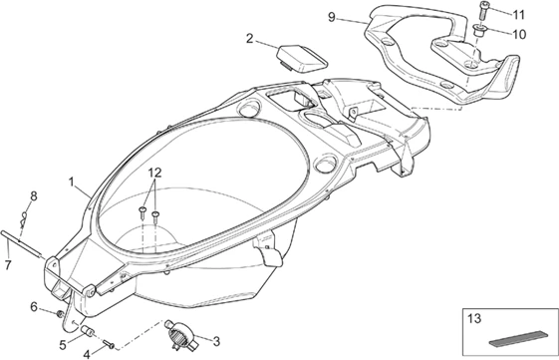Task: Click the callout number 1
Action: [x=72, y=181]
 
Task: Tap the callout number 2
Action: [x=249, y=39]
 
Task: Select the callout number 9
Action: [x=332, y=17]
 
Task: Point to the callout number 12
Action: [x=155, y=173]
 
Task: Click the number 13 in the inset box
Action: [x=474, y=318]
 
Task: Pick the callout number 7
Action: [x=8, y=264]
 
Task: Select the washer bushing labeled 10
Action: [x=478, y=29]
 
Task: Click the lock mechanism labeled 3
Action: [x=180, y=334]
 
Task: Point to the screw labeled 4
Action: [x=109, y=344]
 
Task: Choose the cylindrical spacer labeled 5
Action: [x=88, y=331]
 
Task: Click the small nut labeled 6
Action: [x=60, y=314]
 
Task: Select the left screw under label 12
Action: [x=142, y=212]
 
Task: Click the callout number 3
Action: [x=216, y=341]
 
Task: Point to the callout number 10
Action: [x=519, y=35]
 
